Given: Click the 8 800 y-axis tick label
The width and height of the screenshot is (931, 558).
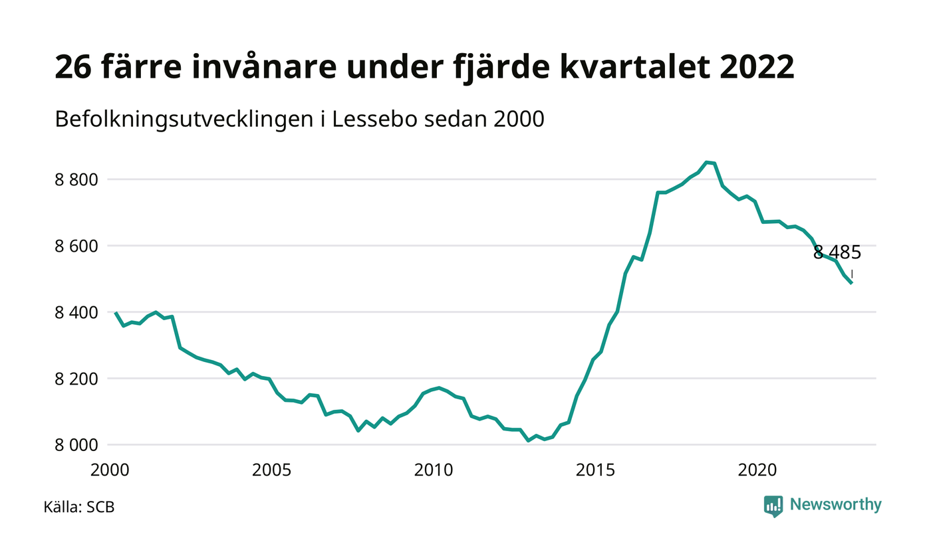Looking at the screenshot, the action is [76, 180].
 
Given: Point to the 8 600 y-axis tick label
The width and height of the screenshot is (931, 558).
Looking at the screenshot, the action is [76, 246].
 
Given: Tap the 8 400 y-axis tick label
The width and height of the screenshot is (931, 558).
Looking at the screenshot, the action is [76, 313].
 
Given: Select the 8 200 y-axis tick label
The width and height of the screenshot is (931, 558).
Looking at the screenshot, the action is [76, 379].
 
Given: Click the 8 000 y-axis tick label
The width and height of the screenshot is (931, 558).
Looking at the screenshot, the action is [76, 445].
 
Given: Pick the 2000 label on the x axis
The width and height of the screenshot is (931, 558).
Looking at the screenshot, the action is [110, 470].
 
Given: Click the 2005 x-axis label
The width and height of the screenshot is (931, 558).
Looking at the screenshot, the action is [271, 470].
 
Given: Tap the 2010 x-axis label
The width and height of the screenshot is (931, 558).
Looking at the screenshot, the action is [434, 470].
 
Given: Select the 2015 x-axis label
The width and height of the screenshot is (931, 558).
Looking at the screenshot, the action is [595, 470].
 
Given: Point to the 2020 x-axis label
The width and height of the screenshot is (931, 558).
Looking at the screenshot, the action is [757, 470].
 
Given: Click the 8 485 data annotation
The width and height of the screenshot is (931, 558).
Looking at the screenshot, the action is [837, 252].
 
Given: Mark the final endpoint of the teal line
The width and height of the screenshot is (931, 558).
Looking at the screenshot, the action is [852, 284].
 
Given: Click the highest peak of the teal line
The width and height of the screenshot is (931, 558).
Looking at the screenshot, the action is [706, 162].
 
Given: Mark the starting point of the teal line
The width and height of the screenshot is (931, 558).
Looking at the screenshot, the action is [116, 313].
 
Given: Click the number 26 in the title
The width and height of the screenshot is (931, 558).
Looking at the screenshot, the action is [73, 67].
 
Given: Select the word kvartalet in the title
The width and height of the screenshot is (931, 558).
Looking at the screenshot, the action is [634, 67].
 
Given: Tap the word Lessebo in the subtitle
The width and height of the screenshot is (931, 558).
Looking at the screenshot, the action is [374, 120].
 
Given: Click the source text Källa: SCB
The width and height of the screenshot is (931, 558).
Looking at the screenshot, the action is [79, 507].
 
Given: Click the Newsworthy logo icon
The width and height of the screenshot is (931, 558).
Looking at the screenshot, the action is [773, 506].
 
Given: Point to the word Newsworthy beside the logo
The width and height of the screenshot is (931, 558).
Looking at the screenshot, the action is [835, 504].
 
